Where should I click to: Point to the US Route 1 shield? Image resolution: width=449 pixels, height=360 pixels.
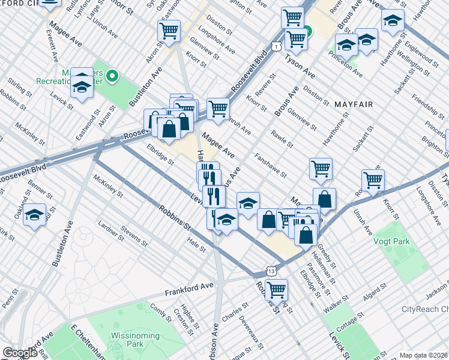[275, 46]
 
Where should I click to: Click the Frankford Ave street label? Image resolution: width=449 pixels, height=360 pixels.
[189, 290]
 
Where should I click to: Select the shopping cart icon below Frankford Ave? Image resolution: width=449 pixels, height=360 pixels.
[276, 289]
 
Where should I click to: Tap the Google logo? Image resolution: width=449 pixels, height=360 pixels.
[20, 353]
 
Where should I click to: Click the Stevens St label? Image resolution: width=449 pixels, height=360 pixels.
[134, 235]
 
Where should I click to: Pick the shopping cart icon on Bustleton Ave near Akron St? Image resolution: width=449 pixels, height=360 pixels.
[169, 30]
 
